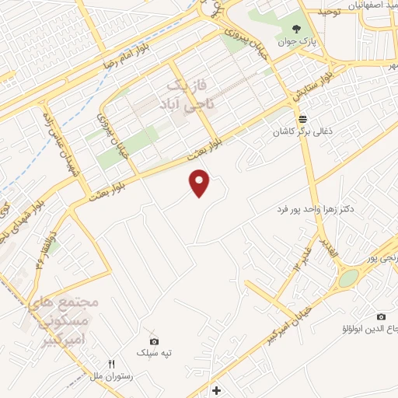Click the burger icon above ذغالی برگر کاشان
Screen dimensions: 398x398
(302, 118)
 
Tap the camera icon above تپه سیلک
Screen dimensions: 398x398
(154, 341)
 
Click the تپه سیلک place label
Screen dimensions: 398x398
(154, 354)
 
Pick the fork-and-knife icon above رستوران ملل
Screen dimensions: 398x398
(111, 364)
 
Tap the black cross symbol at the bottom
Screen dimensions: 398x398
(216, 389)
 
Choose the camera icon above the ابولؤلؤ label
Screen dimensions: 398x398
(381, 316)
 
